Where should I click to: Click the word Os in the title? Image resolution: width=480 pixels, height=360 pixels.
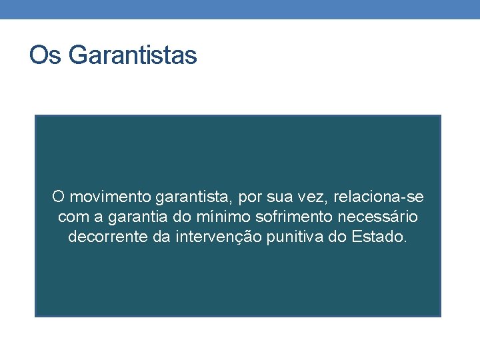point(45,55)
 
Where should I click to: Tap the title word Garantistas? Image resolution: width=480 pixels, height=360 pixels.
point(132,55)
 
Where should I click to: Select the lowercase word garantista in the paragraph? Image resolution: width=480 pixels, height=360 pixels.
point(189,197)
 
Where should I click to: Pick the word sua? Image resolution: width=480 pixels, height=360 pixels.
point(273,197)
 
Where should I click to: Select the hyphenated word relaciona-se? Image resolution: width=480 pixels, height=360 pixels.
point(378,197)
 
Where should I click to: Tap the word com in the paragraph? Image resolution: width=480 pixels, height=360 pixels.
point(71,217)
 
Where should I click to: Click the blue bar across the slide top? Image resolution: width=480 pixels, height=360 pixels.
point(240,9)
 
